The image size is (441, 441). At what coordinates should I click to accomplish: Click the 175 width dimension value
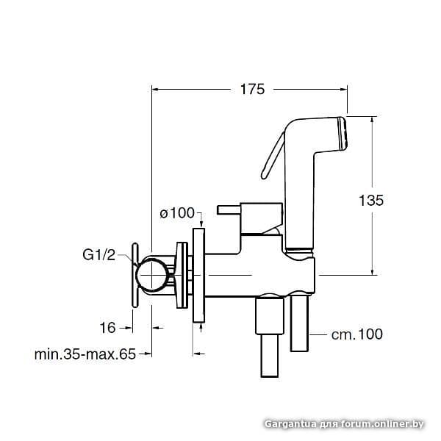point(252,90)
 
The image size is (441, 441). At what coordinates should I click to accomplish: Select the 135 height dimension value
point(371,201)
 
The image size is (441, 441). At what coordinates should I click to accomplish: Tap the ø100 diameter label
point(177,213)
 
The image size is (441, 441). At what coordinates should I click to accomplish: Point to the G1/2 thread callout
point(99,255)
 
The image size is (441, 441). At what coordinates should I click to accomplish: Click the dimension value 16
point(107,328)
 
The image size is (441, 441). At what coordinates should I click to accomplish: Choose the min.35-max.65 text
point(85,354)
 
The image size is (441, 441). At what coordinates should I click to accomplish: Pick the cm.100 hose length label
point(357,334)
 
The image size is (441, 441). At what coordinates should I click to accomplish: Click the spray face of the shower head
point(343,133)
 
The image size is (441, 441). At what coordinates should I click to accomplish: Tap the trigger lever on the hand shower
point(272,156)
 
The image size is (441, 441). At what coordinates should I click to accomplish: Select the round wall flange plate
point(198,276)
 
